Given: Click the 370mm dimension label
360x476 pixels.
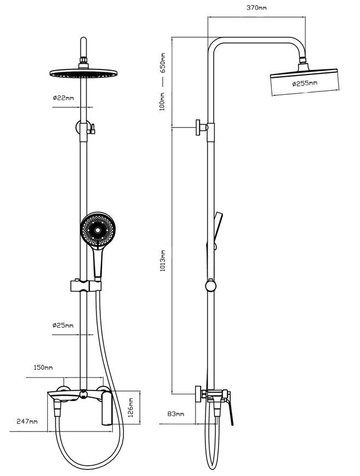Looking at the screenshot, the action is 256,8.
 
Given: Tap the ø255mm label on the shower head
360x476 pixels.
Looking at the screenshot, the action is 305,83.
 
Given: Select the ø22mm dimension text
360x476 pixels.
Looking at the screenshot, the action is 63,98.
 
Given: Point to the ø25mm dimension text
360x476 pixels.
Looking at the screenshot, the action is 63,325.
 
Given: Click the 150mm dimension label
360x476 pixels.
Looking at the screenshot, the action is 43,368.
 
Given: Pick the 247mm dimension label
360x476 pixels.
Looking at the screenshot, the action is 27,421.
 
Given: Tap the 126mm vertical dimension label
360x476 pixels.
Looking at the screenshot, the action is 130,408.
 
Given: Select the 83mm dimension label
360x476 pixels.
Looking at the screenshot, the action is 175,414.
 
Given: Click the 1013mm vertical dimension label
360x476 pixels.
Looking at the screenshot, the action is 163,261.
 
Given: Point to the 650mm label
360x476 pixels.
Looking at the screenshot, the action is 163,63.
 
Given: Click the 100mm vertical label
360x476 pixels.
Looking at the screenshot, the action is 163,101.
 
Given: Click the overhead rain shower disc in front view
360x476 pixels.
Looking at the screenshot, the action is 83,73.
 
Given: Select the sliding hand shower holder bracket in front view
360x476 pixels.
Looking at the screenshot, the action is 86,286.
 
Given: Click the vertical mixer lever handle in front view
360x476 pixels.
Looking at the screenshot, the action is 107,408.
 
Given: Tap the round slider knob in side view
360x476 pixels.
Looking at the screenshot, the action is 210,286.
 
